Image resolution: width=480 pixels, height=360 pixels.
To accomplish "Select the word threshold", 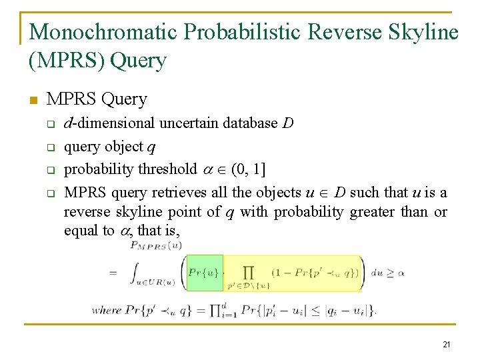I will click(165, 169).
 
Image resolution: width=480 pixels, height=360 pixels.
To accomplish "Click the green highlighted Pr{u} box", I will click(204, 273).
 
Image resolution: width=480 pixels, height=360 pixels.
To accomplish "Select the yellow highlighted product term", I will click(293, 273).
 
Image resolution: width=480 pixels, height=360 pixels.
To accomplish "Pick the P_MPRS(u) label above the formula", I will click(155, 246).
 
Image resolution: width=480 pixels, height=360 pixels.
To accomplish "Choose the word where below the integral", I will click(107, 310).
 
